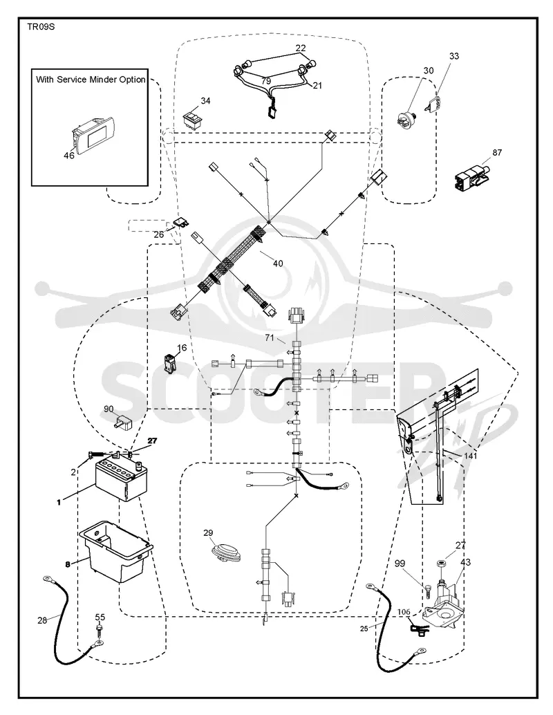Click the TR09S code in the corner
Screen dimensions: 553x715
click(41, 26)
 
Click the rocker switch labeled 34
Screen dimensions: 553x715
click(193, 120)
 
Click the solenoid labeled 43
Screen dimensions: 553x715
click(442, 602)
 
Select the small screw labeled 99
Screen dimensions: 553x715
click(429, 591)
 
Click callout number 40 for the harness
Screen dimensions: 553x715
click(278, 263)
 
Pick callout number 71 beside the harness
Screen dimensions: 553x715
click(270, 337)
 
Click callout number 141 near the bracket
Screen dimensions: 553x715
click(470, 456)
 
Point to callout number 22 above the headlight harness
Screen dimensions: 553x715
click(301, 48)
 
